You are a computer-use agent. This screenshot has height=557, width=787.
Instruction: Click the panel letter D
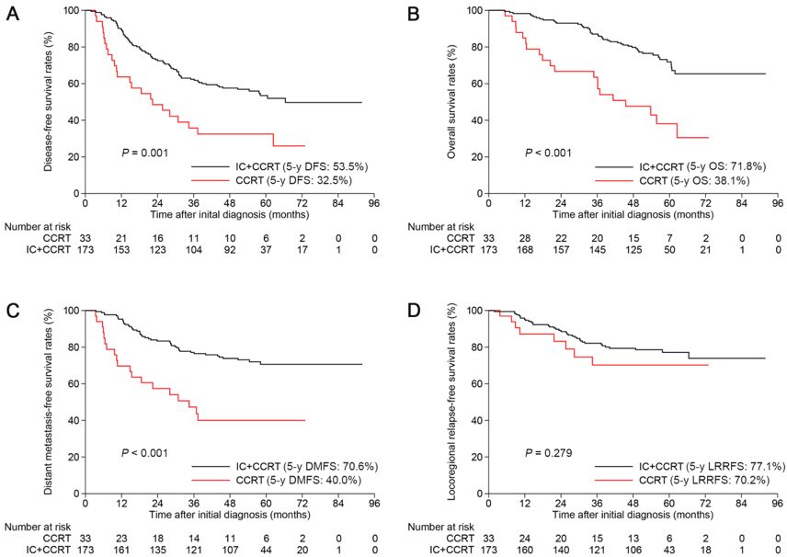tap(415, 312)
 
